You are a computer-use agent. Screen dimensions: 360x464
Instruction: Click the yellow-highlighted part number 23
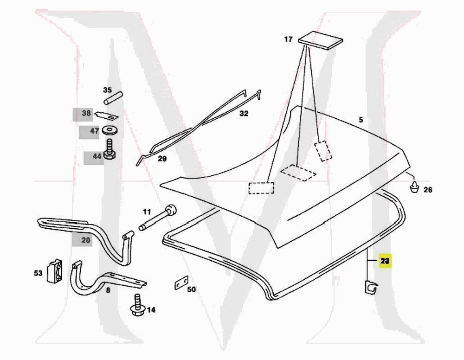(385, 261)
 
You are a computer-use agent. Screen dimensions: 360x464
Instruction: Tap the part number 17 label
(288, 39)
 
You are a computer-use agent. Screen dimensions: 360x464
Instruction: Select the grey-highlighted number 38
(86, 113)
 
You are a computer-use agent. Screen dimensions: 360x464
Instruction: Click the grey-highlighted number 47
(94, 131)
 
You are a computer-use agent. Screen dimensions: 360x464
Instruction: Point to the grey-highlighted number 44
(97, 156)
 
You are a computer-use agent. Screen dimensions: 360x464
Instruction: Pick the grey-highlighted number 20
(86, 240)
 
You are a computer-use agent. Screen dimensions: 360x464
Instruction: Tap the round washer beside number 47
(110, 130)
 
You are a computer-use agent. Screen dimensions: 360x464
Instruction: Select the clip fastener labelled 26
(414, 187)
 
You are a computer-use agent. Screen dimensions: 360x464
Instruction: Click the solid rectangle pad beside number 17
(320, 41)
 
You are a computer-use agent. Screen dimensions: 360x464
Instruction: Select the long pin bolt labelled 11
(158, 218)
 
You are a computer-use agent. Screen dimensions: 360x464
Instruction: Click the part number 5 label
(361, 120)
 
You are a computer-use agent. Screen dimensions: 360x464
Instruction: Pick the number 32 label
(244, 113)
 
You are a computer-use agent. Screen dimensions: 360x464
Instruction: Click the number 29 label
(162, 159)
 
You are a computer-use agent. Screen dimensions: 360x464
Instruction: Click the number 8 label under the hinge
(108, 290)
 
